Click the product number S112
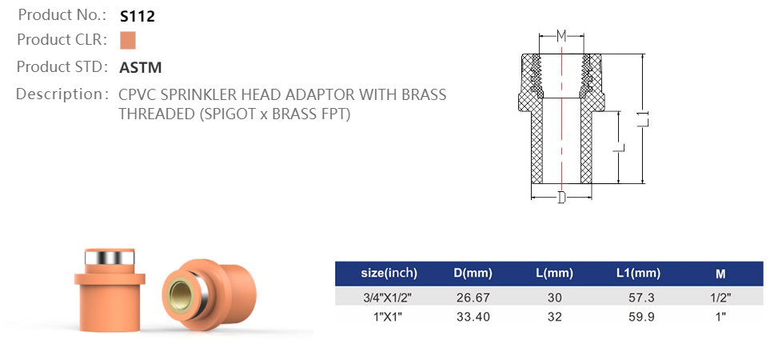point(136,15)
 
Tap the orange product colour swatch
point(128,40)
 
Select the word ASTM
point(141,67)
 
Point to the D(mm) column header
point(472,274)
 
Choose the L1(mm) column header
point(638,274)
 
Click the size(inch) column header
point(389,274)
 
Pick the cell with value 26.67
point(472,298)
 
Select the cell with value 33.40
point(472,317)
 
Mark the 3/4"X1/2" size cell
point(389,298)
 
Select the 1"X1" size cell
point(389,317)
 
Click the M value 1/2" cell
point(720,298)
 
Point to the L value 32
point(554,317)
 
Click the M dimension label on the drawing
point(561,36)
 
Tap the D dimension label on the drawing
point(561,197)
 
